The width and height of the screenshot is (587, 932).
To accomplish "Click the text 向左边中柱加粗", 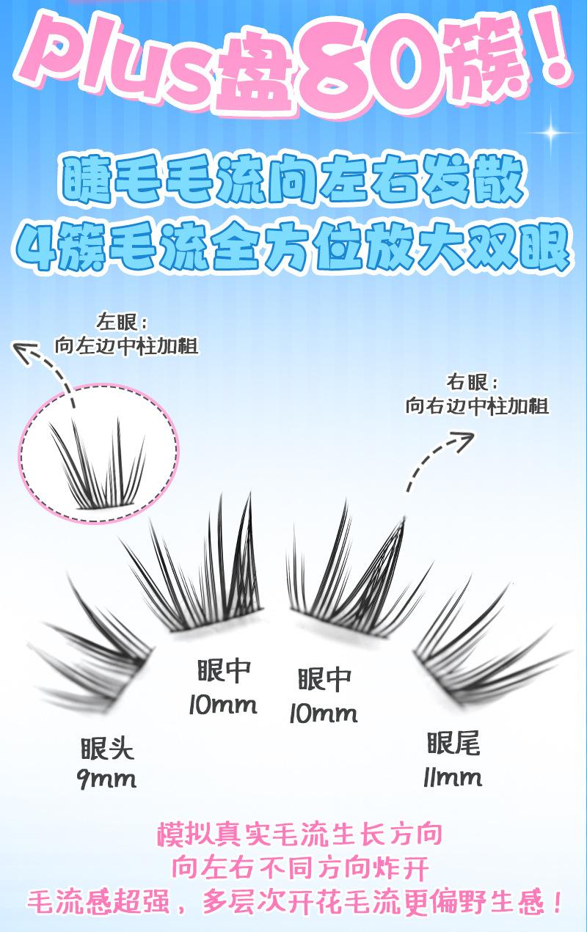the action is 126,346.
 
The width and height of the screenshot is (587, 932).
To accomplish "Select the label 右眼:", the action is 472,382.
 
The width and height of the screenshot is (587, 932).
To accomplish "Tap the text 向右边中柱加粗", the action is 477,406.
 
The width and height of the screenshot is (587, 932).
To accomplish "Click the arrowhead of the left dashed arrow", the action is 24,351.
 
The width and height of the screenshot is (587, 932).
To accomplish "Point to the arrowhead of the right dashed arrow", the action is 463,440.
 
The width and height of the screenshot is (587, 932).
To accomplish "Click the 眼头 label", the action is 107,749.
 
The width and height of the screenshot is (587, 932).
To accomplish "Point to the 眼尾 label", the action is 453,744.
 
